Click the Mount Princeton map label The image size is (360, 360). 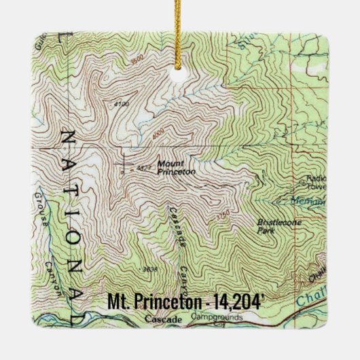[x=176, y=168]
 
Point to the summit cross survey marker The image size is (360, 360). [x=124, y=164]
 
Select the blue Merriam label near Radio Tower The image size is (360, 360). [x=312, y=201]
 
